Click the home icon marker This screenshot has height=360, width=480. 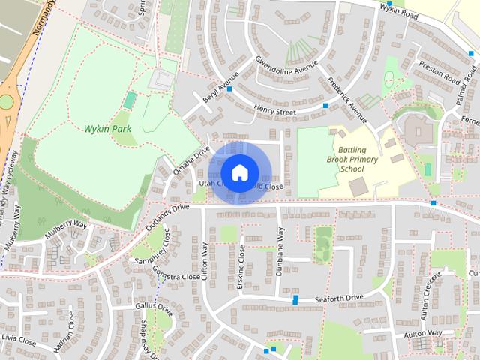pyautogui.click(x=239, y=172)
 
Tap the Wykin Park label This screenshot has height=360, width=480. pyautogui.click(x=107, y=129)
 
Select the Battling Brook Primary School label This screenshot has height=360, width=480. pyautogui.click(x=351, y=159)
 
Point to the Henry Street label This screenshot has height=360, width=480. pyautogui.click(x=275, y=112)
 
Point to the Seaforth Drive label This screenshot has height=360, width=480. pyautogui.click(x=339, y=298)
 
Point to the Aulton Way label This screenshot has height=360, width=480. pyautogui.click(x=421, y=332)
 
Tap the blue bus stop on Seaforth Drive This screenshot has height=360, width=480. pyautogui.click(x=296, y=299)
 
